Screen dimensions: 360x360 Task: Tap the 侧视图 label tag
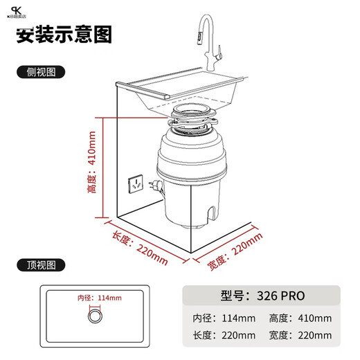click(x=42, y=71)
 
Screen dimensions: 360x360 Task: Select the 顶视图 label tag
click(x=42, y=264)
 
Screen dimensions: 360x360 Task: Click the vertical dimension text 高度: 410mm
click(x=93, y=164)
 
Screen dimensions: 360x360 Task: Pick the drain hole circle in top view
click(x=93, y=317)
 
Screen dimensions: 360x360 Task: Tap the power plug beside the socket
click(x=156, y=186)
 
